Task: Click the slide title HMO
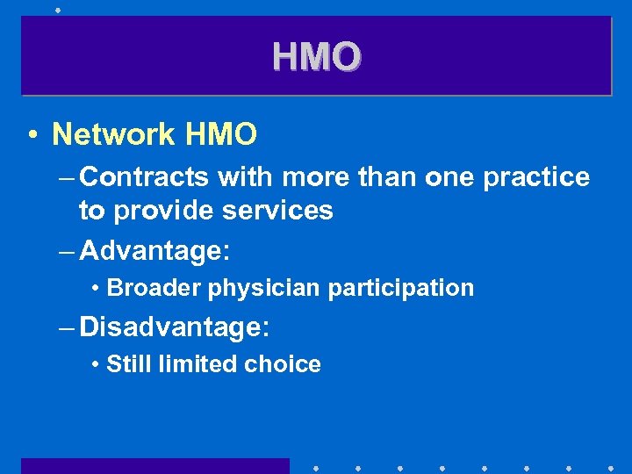[x=316, y=57]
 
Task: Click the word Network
[x=114, y=134]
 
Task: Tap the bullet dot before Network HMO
[x=32, y=135]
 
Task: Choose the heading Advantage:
[x=154, y=251]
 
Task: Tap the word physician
[x=258, y=288]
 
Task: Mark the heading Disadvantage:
[x=175, y=327]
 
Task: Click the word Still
[x=127, y=364]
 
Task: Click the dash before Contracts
[x=68, y=178]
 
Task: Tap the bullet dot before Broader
[x=94, y=289]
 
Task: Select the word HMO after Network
[x=221, y=134]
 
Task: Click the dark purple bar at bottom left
[x=155, y=466]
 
